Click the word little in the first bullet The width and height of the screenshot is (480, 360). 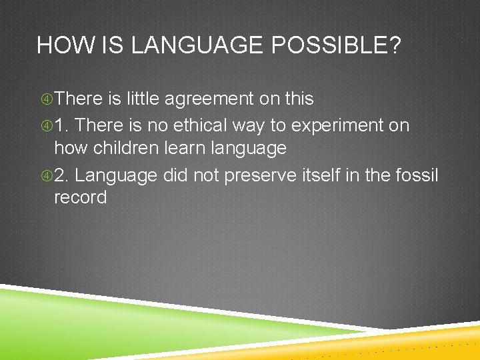(x=143, y=99)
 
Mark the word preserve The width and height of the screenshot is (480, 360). (x=263, y=175)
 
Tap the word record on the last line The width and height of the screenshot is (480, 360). (x=80, y=198)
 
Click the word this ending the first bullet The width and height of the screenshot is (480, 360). (x=298, y=99)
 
